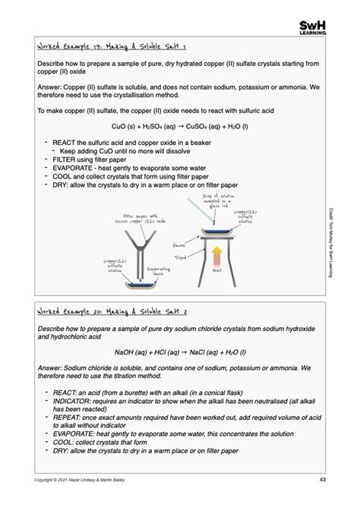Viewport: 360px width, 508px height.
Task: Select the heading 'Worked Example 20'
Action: [106, 311]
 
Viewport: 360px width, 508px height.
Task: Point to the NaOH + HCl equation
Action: [180, 352]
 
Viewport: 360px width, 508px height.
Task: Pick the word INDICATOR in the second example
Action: [75, 401]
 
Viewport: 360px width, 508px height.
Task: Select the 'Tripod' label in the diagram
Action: [181, 257]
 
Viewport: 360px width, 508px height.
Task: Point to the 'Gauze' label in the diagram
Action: [179, 245]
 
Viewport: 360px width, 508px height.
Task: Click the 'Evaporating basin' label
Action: [159, 270]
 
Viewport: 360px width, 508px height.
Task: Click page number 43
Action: [323, 479]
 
